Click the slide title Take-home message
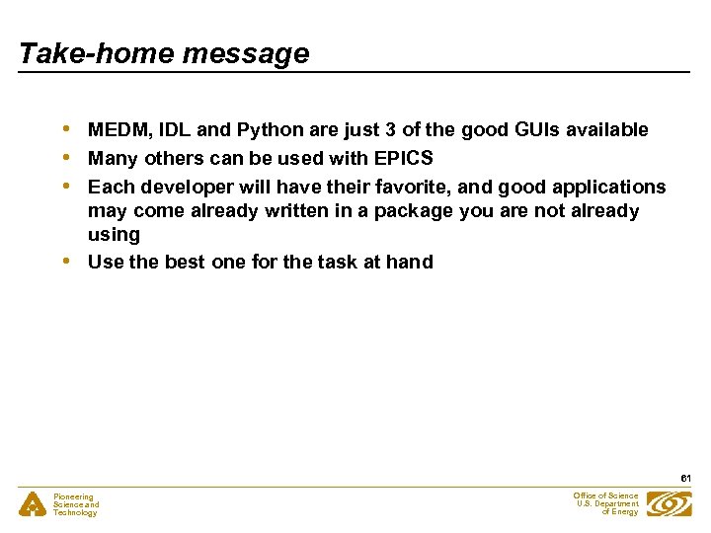(164, 53)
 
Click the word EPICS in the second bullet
(404, 159)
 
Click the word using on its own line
(114, 235)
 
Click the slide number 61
(684, 478)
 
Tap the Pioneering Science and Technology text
(76, 505)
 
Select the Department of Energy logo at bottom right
(670, 503)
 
